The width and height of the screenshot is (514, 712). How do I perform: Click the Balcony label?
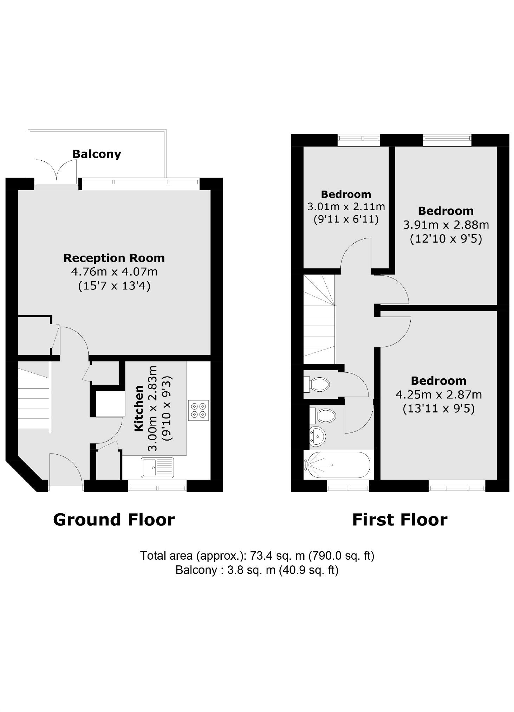point(97,154)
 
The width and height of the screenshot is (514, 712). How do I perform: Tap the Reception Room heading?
point(114,258)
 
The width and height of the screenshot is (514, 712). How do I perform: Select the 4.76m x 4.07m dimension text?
point(114,272)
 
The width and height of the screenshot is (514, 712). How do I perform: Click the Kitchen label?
point(139,408)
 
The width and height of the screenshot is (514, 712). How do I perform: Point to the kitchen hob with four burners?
point(199,410)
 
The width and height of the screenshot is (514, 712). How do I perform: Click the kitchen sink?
point(157,468)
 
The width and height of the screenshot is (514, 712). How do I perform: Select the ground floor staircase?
point(34,398)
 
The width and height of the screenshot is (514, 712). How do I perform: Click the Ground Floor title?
point(114,519)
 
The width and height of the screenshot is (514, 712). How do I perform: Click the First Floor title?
point(400,519)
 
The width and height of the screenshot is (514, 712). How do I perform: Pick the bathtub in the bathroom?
point(337,465)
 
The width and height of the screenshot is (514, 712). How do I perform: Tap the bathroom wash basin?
point(317,436)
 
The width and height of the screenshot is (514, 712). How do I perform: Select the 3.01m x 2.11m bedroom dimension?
point(346,206)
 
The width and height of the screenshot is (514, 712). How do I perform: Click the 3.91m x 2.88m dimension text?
point(446,225)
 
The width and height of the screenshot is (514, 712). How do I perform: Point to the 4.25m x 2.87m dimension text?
point(439,395)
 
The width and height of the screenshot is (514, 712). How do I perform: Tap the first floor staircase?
point(319,319)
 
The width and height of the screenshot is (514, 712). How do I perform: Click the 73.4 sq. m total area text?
point(257,556)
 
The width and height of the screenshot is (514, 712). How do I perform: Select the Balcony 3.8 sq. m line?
point(257,570)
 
